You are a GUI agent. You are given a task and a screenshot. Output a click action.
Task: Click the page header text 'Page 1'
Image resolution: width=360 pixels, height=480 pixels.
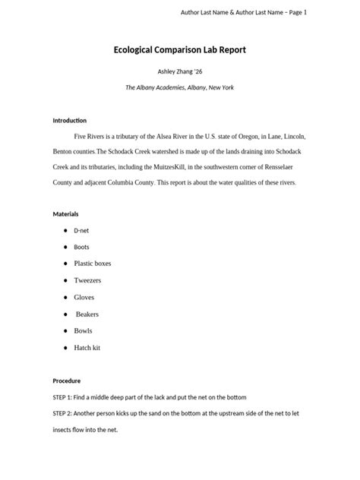click(295, 13)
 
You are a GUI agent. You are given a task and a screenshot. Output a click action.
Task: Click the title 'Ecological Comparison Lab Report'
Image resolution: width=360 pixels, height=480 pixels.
click(179, 51)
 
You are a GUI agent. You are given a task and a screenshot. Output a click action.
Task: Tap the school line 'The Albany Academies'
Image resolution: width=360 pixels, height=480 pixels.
click(156, 88)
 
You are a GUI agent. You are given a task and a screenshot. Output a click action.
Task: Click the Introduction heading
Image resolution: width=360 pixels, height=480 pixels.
click(69, 121)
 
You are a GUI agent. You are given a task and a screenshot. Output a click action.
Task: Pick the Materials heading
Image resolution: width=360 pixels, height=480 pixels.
click(65, 214)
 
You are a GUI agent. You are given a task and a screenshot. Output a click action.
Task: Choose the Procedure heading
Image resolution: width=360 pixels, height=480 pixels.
click(66, 381)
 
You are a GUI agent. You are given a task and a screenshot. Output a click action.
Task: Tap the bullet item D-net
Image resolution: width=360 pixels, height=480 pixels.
click(81, 230)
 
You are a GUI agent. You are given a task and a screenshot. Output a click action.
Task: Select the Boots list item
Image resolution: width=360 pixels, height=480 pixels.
click(81, 247)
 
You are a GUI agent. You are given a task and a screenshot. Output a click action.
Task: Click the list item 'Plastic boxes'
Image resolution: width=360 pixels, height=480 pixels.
click(92, 264)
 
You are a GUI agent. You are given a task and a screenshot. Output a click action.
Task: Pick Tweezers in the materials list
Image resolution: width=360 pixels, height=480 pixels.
click(87, 280)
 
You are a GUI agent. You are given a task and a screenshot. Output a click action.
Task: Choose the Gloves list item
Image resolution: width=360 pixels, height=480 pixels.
click(84, 297)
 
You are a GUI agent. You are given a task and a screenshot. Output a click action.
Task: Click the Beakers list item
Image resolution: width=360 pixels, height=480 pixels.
click(87, 314)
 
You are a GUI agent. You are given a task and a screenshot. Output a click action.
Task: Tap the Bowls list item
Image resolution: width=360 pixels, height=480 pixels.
click(83, 330)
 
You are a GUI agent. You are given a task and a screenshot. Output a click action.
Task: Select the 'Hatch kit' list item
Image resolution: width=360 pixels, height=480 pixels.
click(87, 347)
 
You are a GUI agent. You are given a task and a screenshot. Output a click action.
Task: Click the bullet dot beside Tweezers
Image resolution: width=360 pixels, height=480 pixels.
click(65, 280)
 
